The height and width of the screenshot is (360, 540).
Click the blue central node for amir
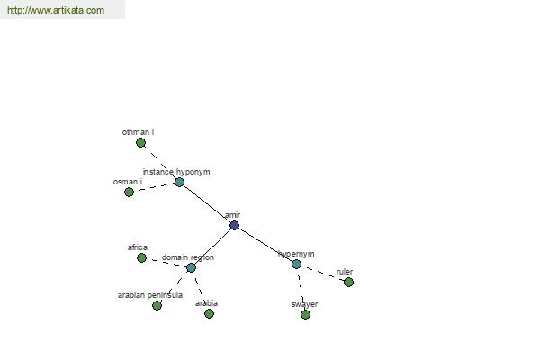point(234,226)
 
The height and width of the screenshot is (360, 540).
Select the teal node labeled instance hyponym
point(179,182)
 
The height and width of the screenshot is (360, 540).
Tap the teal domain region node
point(191,267)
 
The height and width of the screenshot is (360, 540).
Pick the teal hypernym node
point(296,265)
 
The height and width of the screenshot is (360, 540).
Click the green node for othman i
point(140,142)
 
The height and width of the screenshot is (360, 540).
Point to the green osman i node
point(129,192)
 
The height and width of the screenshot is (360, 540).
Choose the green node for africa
point(141,257)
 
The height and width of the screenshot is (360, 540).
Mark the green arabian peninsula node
point(157,305)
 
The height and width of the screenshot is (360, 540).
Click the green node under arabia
point(209,313)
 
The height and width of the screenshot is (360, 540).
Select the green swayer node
point(305,314)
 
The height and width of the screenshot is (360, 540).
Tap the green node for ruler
point(349,282)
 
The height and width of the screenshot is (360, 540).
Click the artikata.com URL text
point(56,10)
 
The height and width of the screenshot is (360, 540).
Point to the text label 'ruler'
point(345,272)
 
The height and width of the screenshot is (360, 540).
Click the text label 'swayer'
point(304,304)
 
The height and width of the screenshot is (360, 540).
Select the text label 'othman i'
point(138,132)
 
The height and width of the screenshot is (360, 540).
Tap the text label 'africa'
point(138,247)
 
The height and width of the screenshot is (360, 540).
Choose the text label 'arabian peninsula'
point(150,295)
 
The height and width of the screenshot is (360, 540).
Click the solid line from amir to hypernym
point(265,245)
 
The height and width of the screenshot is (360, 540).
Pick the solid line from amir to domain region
point(212,247)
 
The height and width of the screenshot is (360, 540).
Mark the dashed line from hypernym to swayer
point(301,290)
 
